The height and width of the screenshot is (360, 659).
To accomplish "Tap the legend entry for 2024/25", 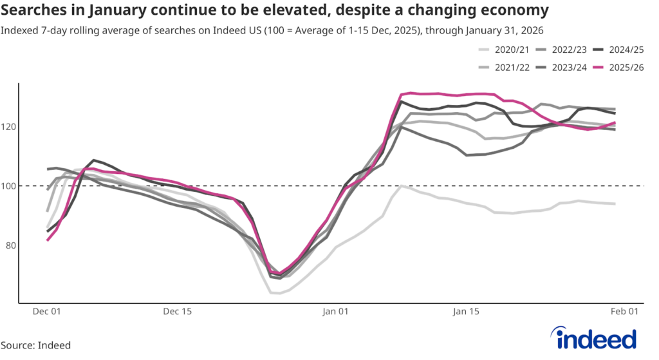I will [624, 50].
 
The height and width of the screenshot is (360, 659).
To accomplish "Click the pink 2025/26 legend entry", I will [624, 67].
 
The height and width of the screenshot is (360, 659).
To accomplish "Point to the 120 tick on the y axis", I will [8, 127].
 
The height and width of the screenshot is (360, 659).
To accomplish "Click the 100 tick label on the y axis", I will [8, 186].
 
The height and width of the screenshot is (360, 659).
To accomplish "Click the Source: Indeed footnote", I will [36, 346].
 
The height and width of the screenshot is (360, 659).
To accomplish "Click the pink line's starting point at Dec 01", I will [47, 240].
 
